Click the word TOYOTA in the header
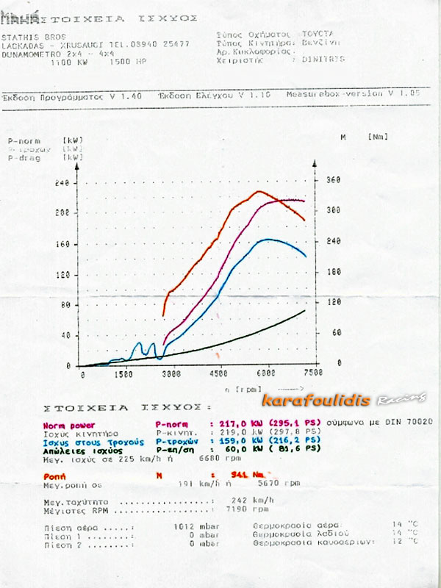click(x=318, y=34)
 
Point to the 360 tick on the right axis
click(x=334, y=179)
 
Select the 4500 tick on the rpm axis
click(x=220, y=374)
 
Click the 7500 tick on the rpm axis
click(x=313, y=374)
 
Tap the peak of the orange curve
click(x=259, y=192)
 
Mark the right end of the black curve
click(x=304, y=311)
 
